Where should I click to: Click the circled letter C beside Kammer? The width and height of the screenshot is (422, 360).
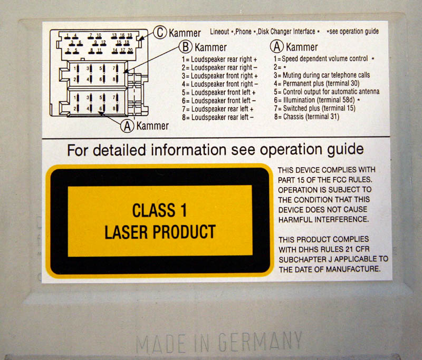pos(160,32)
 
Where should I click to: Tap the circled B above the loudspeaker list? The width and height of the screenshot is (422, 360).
pos(186,46)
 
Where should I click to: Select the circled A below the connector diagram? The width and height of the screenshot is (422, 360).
pos(127,125)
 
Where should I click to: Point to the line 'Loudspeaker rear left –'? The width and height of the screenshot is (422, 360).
pos(217,117)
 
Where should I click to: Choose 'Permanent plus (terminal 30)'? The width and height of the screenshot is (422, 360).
pos(316,83)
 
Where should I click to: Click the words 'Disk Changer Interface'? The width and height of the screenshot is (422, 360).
pos(286,32)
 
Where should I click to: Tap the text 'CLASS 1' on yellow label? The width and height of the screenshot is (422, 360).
pos(160,210)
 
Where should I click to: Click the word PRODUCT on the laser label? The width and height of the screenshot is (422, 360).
pos(184,232)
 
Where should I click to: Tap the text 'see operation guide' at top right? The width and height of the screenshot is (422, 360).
pos(354,32)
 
